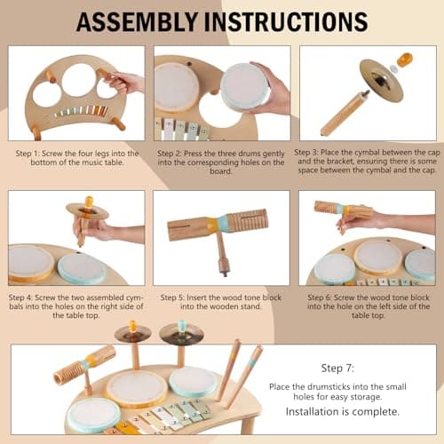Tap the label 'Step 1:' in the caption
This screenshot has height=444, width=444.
tap(28, 154)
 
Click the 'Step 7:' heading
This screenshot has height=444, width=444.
tap(337, 366)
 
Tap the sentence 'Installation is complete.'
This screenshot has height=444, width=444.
tap(337, 412)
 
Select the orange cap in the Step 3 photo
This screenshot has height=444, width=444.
tap(405, 60)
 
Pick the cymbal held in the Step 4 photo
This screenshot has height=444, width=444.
tap(87, 211)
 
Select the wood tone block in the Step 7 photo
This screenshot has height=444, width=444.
tap(84, 363)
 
